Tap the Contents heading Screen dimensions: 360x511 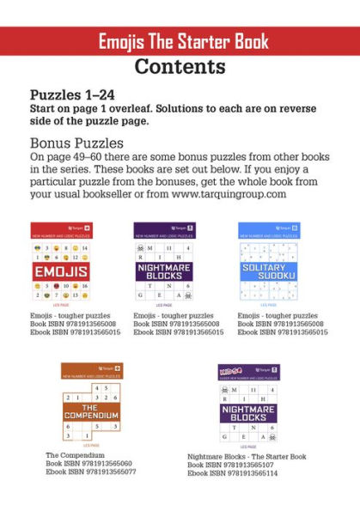pyautogui.click(x=180, y=66)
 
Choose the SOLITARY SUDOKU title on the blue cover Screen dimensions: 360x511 pyautogui.click(x=266, y=271)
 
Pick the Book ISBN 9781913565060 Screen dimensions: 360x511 pyautogui.click(x=84, y=464)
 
